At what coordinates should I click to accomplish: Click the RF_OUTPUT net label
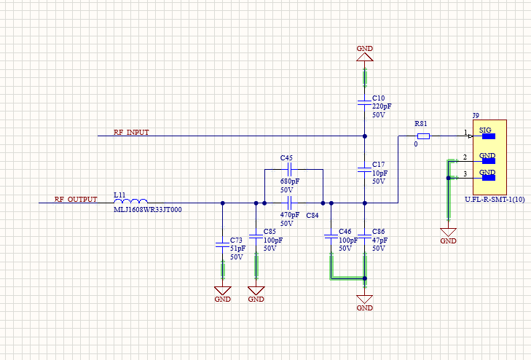pyautogui.click(x=76, y=199)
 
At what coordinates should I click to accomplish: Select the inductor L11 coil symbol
pyautogui.click(x=131, y=202)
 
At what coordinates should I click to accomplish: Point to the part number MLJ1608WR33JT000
pyautogui.click(x=148, y=210)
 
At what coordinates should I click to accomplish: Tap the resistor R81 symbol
pyautogui.click(x=422, y=136)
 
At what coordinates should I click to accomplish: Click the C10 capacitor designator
pyautogui.click(x=378, y=98)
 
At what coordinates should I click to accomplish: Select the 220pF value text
pyautogui.click(x=382, y=106)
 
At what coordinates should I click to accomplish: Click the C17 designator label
pyautogui.click(x=378, y=164)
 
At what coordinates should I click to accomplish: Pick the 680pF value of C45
pyautogui.click(x=289, y=181)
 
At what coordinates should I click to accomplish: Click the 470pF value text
pyautogui.click(x=289, y=215)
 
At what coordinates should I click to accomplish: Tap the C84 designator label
pyautogui.click(x=312, y=216)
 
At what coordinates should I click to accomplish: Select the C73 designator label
pyautogui.click(x=236, y=240)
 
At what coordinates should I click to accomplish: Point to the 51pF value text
pyautogui.click(x=237, y=249)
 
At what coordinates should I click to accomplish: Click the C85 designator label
pyautogui.click(x=270, y=232)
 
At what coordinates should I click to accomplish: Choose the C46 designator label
pyautogui.click(x=345, y=231)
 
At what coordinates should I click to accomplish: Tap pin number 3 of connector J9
pyautogui.click(x=465, y=173)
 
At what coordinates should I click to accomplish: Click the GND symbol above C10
pyautogui.click(x=364, y=52)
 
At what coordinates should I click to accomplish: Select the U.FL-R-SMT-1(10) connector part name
pyautogui.click(x=495, y=198)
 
